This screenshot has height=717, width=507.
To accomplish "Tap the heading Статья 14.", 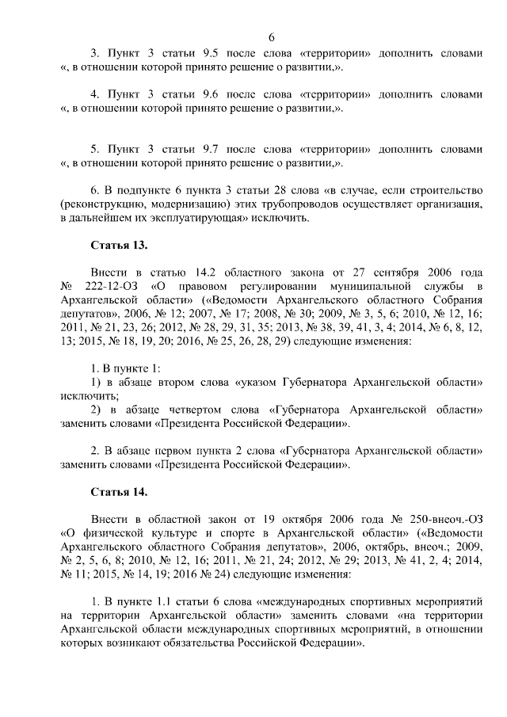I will (119, 492).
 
